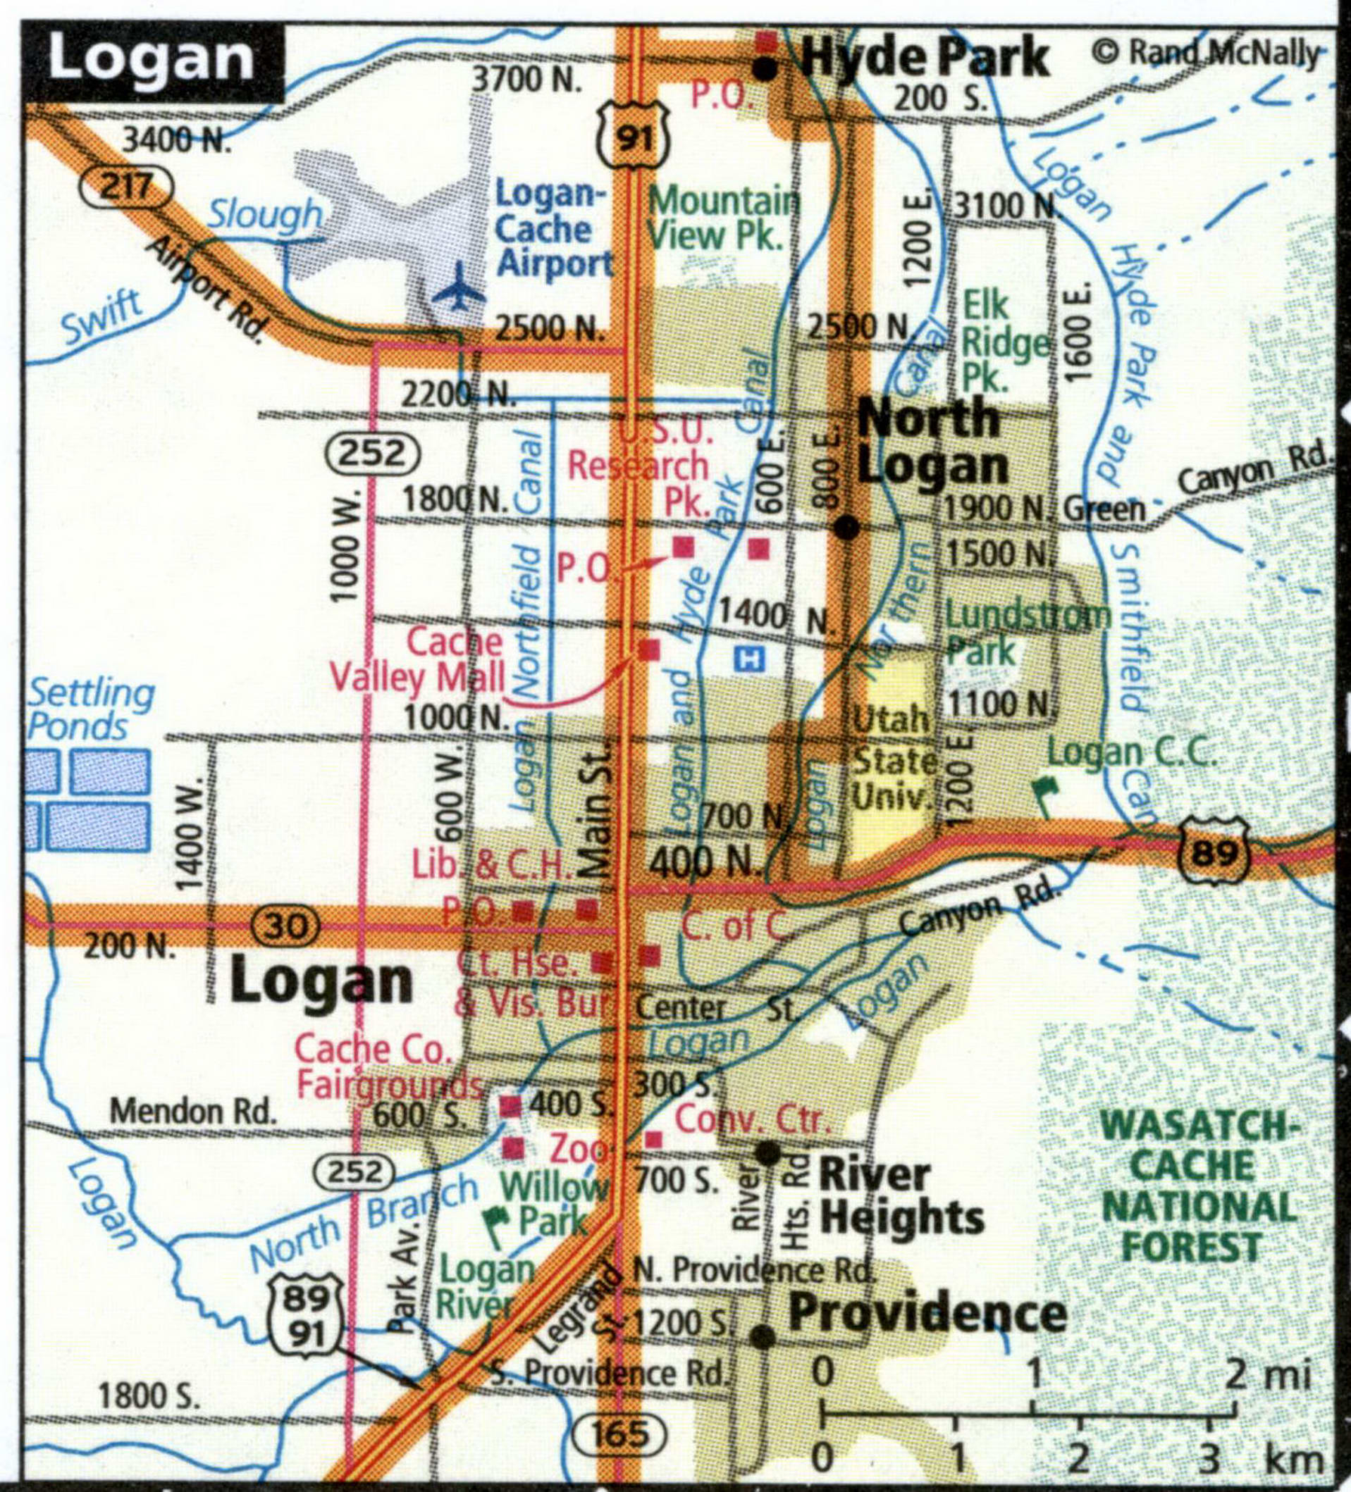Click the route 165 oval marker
pos(619,1434)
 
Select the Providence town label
pos(927,1312)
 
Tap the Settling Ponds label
pos(90,711)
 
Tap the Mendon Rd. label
pos(192,1112)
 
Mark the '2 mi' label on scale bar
pos(1268,1374)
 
